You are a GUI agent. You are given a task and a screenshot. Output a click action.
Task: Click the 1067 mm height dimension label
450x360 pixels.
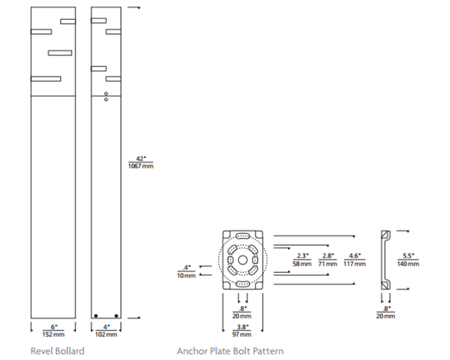(140, 166)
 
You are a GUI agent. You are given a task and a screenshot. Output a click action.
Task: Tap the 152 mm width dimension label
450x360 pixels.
(54, 334)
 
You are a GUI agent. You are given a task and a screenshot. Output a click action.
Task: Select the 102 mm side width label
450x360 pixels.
(106, 334)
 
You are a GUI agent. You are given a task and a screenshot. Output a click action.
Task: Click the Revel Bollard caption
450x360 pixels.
(58, 351)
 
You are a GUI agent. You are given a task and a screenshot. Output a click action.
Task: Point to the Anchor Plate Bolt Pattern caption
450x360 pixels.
(230, 351)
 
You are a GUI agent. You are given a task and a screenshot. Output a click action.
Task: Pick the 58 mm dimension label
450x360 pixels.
(302, 264)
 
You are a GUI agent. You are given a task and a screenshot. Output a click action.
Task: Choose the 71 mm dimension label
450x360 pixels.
(328, 264)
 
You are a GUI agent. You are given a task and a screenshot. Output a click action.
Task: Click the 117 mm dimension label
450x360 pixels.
(355, 264)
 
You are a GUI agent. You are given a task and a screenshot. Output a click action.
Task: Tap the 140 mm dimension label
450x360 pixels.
(408, 264)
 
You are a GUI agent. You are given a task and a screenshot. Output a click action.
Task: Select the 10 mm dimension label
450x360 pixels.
(186, 275)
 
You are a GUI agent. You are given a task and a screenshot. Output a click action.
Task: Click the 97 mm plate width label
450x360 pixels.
(242, 334)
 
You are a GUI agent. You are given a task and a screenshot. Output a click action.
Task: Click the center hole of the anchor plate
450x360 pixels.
(243, 260)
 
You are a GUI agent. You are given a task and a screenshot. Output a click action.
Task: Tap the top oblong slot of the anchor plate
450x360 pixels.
(243, 237)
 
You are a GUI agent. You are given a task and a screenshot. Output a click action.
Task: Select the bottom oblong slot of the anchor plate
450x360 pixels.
(243, 284)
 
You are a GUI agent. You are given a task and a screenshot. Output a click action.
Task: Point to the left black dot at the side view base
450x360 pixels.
(96, 316)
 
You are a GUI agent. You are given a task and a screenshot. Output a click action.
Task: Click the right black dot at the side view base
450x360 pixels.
(116, 316)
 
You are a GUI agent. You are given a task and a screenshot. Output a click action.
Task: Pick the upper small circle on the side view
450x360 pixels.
(106, 94)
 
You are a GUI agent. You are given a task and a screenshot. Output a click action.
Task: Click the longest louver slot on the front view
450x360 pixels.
(46, 79)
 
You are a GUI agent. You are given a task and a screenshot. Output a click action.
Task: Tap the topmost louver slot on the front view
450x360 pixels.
(68, 22)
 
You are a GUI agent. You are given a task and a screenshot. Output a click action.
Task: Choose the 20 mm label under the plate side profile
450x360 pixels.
(386, 316)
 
